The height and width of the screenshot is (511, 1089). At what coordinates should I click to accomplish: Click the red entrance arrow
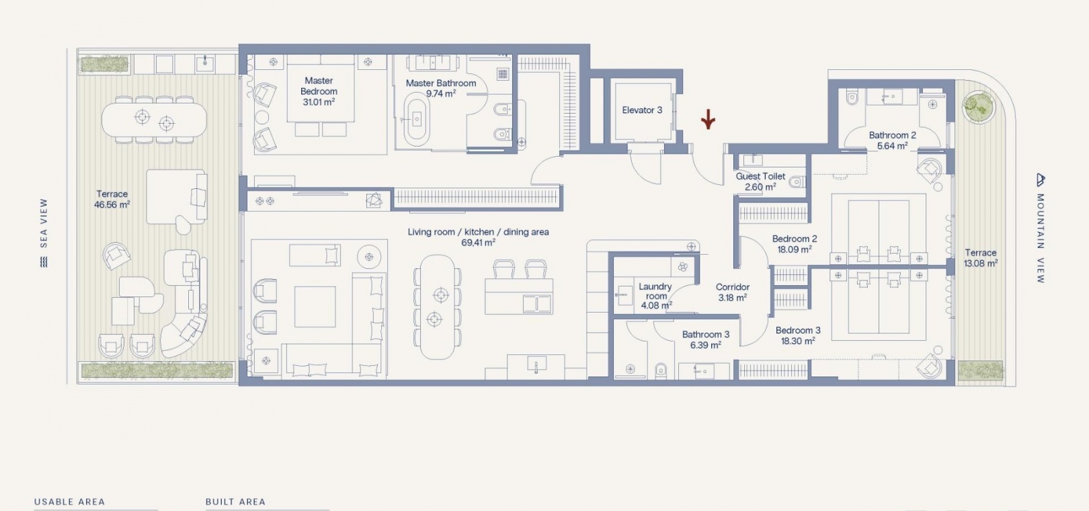tap(709, 120)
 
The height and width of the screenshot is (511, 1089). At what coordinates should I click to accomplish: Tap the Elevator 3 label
tap(642, 110)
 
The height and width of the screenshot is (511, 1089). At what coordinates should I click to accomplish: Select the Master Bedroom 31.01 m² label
tap(319, 91)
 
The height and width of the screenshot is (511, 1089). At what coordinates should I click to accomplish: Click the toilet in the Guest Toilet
tap(797, 182)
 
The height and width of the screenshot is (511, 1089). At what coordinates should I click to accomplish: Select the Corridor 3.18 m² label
tap(733, 292)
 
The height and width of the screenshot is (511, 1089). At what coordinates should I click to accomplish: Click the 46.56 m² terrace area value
tap(112, 204)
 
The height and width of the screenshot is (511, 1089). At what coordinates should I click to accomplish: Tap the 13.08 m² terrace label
tap(981, 258)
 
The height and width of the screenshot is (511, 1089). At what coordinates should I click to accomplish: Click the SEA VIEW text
tap(44, 223)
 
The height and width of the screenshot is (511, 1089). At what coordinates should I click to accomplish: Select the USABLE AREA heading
tap(69, 502)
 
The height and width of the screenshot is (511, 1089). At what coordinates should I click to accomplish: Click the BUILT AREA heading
tap(236, 502)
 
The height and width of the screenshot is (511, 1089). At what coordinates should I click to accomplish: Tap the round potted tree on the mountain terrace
tap(979, 107)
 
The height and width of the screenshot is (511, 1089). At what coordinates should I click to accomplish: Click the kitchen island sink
tap(537, 304)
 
